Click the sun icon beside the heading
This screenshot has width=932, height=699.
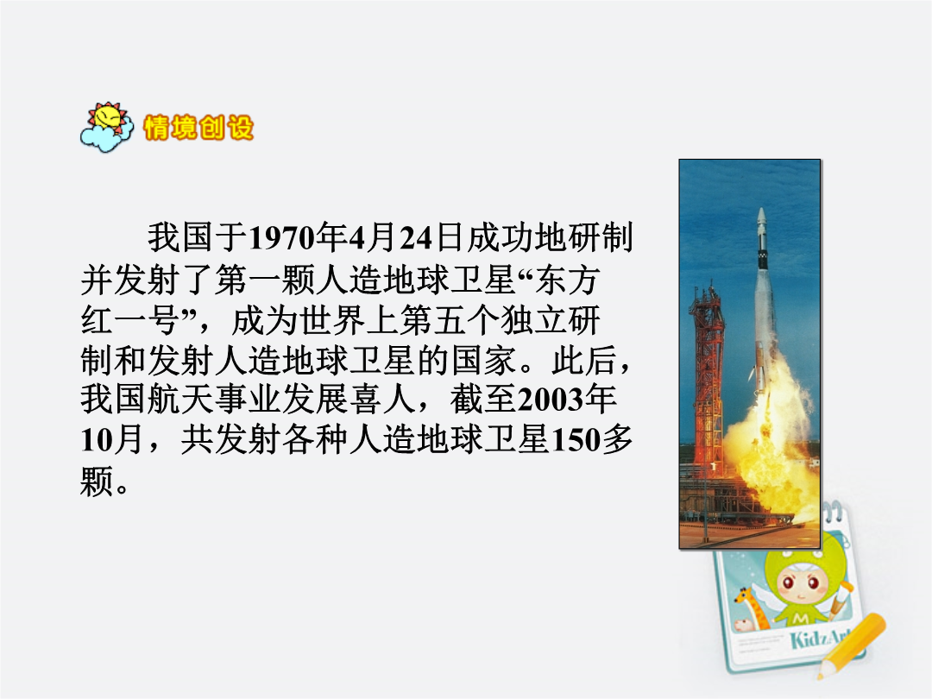click(106, 127)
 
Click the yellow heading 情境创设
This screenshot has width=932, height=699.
click(198, 127)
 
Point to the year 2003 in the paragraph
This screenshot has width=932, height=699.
click(551, 400)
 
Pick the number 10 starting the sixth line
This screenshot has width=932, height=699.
click(96, 440)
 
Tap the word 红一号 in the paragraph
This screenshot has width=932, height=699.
click(130, 319)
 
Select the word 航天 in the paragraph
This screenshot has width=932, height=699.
click(180, 400)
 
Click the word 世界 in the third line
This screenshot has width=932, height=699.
click(332, 319)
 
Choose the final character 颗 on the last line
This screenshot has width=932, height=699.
click(97, 481)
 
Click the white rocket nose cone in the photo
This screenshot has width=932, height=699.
click(761, 221)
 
